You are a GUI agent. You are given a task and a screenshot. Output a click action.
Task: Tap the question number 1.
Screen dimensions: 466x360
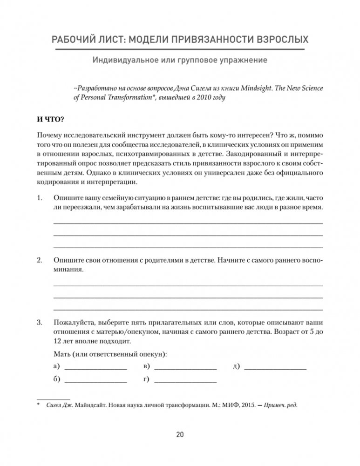click(39, 198)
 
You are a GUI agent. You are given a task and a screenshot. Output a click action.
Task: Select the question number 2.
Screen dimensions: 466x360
click(39, 260)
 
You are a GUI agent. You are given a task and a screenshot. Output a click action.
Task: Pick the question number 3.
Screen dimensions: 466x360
click(39, 322)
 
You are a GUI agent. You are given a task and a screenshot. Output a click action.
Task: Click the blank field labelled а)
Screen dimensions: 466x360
click(95, 366)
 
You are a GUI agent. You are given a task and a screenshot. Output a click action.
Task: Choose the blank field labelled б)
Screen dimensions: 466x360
click(95, 379)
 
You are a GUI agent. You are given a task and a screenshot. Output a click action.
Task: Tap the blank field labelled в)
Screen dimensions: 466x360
click(185, 366)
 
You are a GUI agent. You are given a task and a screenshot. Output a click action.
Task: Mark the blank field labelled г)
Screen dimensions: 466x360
click(185, 379)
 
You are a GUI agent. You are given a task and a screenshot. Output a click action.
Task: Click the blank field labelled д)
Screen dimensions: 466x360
click(275, 366)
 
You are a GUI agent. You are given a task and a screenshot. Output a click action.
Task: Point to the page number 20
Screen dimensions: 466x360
click(180, 435)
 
